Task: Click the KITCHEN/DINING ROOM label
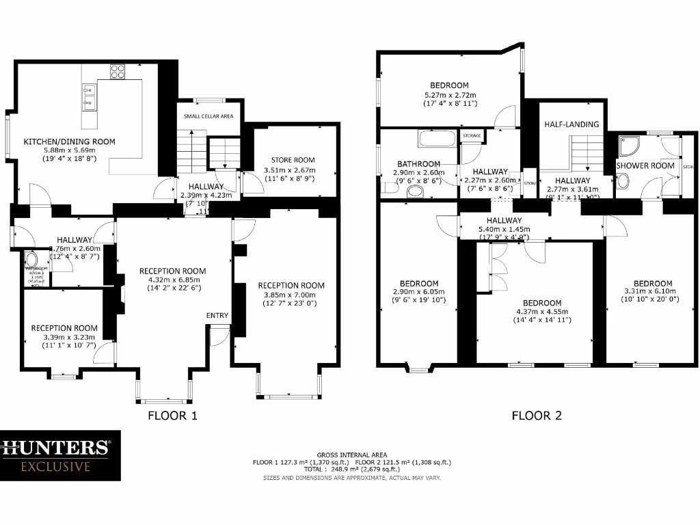click(x=70, y=142)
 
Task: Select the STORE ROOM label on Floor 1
click(x=293, y=160)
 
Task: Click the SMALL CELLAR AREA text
click(x=208, y=116)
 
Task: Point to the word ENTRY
click(x=217, y=315)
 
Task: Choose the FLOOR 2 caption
click(x=537, y=415)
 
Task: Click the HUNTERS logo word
click(x=55, y=448)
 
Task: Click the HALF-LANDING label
click(x=571, y=124)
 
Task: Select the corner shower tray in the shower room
click(x=627, y=146)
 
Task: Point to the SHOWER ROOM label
click(x=645, y=165)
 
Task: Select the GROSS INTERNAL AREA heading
click(x=352, y=455)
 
